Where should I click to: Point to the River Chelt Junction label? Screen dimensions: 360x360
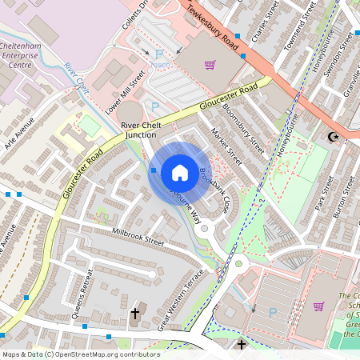145,130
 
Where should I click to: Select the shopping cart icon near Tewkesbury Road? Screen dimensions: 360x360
210,65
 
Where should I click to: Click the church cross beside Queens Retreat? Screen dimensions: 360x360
134,313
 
